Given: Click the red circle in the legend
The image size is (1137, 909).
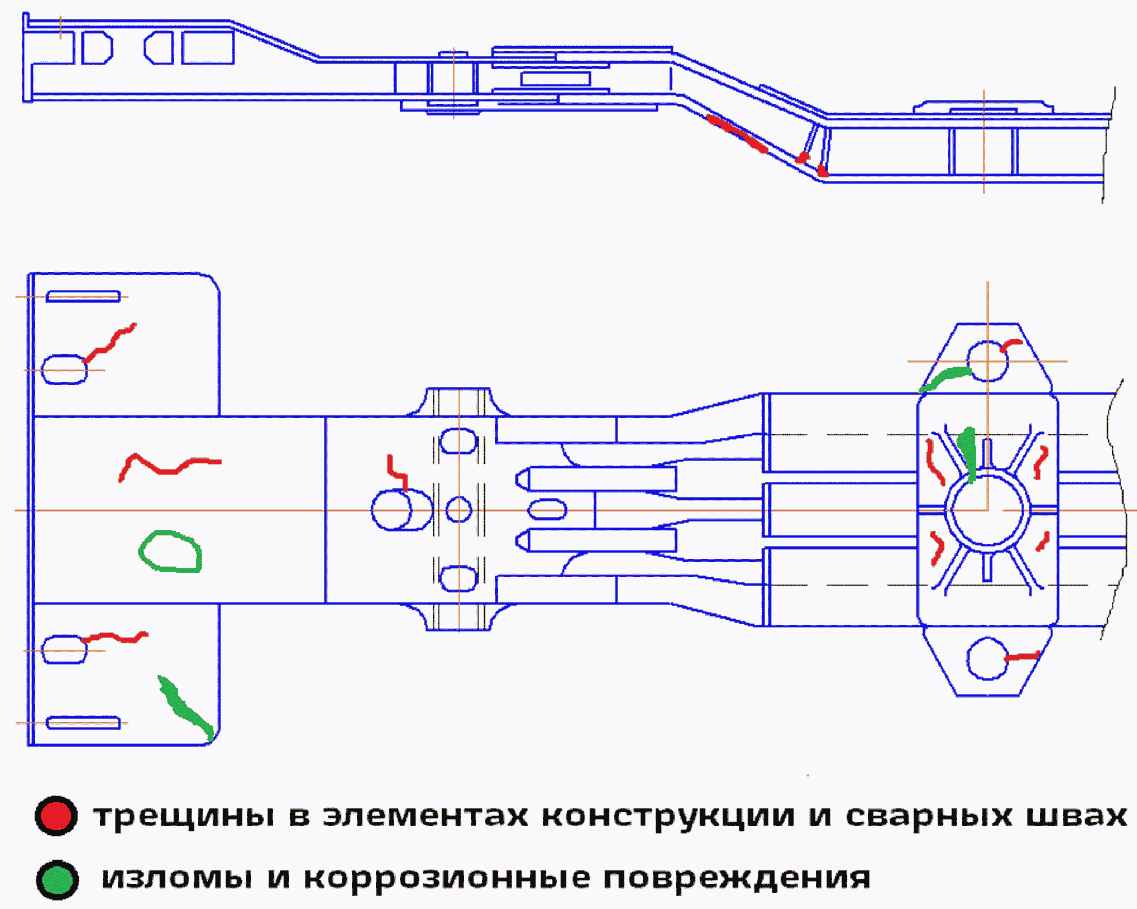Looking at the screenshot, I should [x=56, y=815].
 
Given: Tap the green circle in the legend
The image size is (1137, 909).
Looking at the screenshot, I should [x=57, y=879].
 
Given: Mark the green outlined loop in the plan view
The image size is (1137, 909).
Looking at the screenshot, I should [x=171, y=551].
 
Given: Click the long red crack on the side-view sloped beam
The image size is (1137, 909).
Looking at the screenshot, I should [x=737, y=133].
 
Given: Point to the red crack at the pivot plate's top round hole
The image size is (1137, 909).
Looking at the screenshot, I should [x=1011, y=345].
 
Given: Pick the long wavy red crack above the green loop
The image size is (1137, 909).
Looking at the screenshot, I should [x=167, y=467].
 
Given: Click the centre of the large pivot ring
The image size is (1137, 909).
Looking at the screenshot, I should [x=987, y=510].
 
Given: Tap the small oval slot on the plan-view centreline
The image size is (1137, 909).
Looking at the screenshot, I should [x=547, y=510].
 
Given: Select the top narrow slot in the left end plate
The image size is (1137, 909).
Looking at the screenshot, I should [x=83, y=296].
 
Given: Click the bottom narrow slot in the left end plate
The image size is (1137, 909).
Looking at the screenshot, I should [x=83, y=723].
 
